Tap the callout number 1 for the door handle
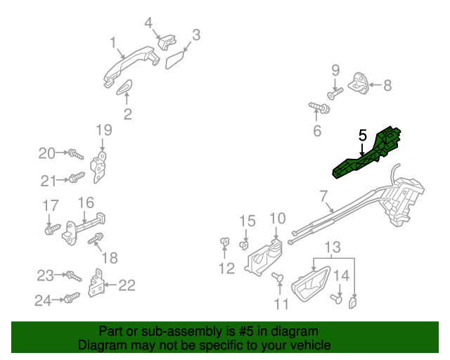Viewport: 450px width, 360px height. pos(112,44)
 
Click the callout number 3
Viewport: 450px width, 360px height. pos(196,34)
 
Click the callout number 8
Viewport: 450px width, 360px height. pos(387,86)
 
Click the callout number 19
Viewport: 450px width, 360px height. pos(103,129)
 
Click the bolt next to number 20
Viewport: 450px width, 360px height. pos(75,153)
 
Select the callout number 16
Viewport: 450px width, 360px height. pos(86,202)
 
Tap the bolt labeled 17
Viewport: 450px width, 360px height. pos(51,229)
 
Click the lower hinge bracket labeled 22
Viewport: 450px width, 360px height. pos(98,284)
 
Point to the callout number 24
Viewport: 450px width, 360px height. pos(44,301)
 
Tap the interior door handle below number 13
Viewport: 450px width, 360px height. pos(309,285)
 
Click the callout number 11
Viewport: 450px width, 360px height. pos(281,304)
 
